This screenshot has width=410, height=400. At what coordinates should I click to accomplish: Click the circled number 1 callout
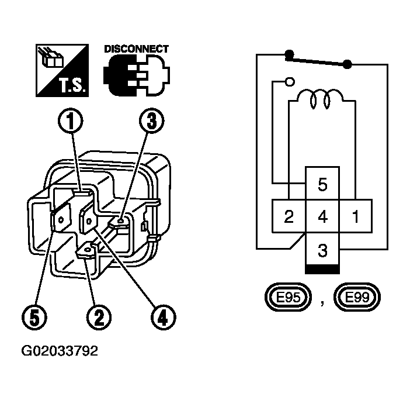70,121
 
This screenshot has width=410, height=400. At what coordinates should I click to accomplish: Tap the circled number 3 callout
151,121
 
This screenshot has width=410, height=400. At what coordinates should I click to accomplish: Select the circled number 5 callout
34,318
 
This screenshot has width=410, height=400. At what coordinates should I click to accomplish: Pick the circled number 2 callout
99,318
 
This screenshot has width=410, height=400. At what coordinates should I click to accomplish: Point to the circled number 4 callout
164,318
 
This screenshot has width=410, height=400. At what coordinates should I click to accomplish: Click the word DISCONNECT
136,49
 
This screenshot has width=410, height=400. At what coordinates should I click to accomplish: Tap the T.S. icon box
62,70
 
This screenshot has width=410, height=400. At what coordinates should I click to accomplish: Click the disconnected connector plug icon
137,75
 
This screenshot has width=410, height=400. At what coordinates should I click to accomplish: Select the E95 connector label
288,297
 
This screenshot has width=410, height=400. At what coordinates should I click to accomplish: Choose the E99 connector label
357,297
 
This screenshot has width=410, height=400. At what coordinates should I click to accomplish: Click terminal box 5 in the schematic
322,183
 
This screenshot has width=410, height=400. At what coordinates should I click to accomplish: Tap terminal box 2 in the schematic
289,216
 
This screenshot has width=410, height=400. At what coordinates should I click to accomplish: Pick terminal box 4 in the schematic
322,216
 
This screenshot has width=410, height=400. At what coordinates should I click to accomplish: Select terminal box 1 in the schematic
356,216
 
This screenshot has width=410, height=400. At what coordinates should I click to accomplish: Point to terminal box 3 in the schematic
322,250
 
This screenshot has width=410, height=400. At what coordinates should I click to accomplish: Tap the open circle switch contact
290,82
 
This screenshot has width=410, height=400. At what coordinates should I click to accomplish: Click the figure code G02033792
60,351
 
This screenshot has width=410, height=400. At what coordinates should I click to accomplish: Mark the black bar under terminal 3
322,270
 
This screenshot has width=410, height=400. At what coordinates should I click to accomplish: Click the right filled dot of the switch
348,64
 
